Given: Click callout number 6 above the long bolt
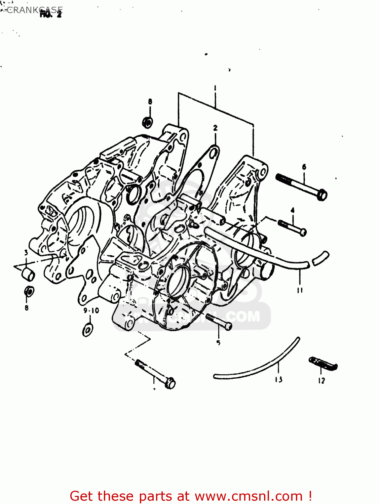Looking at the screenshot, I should (x=304, y=167).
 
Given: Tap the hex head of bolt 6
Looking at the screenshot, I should (x=322, y=195).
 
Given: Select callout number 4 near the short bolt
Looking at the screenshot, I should (x=293, y=210).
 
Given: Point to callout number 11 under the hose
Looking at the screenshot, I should (x=300, y=290).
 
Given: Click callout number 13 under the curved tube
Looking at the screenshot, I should (x=278, y=380).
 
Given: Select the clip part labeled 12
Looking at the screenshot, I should (x=323, y=364).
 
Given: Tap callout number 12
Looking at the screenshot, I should (x=321, y=381).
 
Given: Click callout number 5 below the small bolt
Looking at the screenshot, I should (x=218, y=343).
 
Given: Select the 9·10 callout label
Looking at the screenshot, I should (x=91, y=311).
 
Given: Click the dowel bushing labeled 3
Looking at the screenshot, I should (x=28, y=275).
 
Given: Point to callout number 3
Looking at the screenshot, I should (x=26, y=252).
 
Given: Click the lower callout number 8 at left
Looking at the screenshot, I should (x=27, y=307).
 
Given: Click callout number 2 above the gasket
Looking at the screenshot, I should (x=215, y=128).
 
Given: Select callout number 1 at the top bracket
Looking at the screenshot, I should (x=215, y=89).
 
